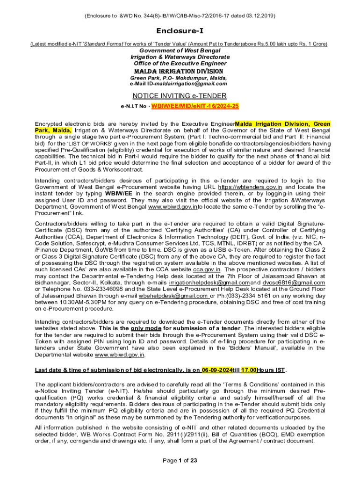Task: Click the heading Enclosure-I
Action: tap(180, 30)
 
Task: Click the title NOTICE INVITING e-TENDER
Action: tap(180, 96)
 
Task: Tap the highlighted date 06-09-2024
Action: tap(217, 370)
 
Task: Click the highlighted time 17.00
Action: tap(249, 370)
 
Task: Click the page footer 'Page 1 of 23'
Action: tap(180, 460)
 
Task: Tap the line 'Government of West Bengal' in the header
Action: tap(180, 51)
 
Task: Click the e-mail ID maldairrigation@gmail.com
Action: tap(193, 84)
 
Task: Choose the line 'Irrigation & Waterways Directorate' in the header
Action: tap(180, 57)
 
